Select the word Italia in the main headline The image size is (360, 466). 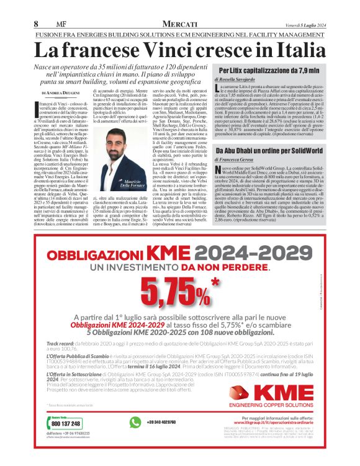300,49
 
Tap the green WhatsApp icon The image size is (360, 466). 135,423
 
